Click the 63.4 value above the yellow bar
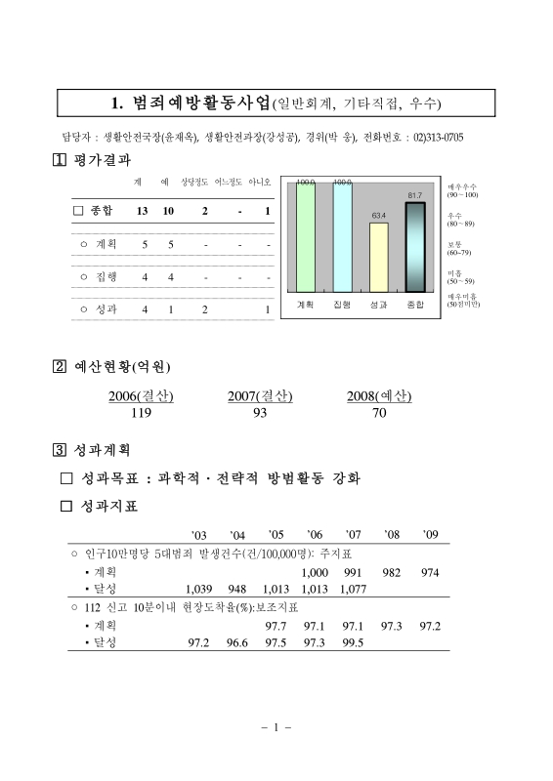click(x=379, y=214)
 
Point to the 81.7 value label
click(x=415, y=195)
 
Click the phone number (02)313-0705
click(x=439, y=136)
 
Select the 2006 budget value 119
click(x=143, y=413)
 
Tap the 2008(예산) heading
click(x=379, y=396)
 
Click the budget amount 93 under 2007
click(x=260, y=413)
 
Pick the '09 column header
click(x=431, y=534)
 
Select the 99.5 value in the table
click(x=353, y=641)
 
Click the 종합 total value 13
click(x=143, y=211)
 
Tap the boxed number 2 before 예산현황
click(x=60, y=367)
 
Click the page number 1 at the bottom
click(x=276, y=727)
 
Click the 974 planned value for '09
click(x=430, y=571)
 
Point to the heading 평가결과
click(x=102, y=159)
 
